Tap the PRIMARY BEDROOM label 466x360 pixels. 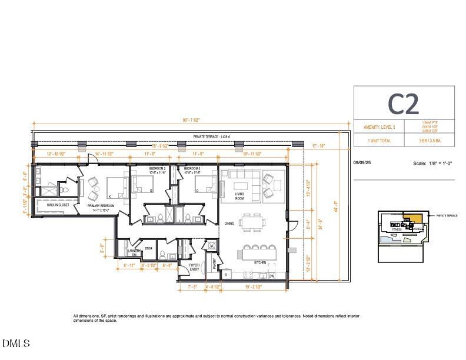(x=101, y=206)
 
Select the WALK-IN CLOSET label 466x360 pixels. (x=58, y=205)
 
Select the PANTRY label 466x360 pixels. (x=214, y=261)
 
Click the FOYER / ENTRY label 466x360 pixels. (x=195, y=267)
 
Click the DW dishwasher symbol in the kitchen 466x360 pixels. (x=271, y=275)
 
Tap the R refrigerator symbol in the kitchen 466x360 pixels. (x=227, y=275)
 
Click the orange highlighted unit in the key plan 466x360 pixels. (x=416, y=219)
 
